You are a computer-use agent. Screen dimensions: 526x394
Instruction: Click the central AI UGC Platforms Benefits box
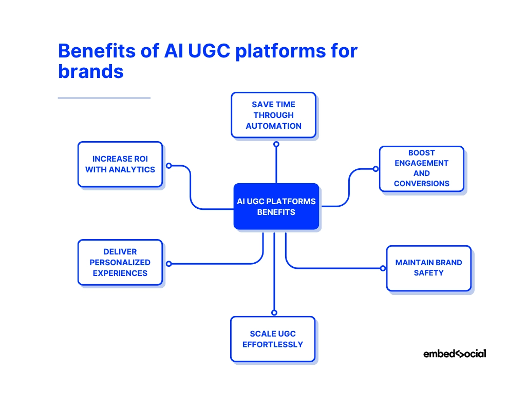[x=276, y=206]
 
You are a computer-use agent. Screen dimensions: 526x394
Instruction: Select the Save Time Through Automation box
[x=273, y=115]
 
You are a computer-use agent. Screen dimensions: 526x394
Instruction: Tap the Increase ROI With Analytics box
[x=120, y=164]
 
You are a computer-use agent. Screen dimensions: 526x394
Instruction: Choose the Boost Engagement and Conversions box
[x=422, y=168]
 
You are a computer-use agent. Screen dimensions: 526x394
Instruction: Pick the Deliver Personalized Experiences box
[x=120, y=262]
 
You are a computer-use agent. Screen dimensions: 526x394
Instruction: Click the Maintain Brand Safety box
[x=429, y=268]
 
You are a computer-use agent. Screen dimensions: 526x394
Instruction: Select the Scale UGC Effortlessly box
[x=273, y=339]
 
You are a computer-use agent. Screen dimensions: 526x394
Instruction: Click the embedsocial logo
[x=455, y=354]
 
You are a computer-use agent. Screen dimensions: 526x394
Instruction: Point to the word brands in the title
[x=91, y=71]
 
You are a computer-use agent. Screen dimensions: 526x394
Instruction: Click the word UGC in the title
[x=209, y=51]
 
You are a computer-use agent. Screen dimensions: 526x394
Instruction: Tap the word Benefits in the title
[x=97, y=51]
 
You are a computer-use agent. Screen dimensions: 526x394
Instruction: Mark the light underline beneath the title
[x=104, y=98]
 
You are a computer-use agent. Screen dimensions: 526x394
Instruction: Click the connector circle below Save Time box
[x=276, y=144]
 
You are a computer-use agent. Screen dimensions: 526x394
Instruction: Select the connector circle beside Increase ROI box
[x=169, y=166]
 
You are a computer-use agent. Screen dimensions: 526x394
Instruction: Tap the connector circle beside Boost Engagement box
[x=375, y=169]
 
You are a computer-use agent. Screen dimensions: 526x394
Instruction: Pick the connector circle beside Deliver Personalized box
[x=169, y=264]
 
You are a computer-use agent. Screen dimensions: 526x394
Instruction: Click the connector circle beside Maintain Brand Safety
[x=383, y=268]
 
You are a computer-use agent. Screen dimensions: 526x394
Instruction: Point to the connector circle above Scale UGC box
[x=274, y=312]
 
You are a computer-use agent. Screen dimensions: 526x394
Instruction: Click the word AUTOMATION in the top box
[x=273, y=126]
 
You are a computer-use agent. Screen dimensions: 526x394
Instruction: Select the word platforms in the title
[x=280, y=52]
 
